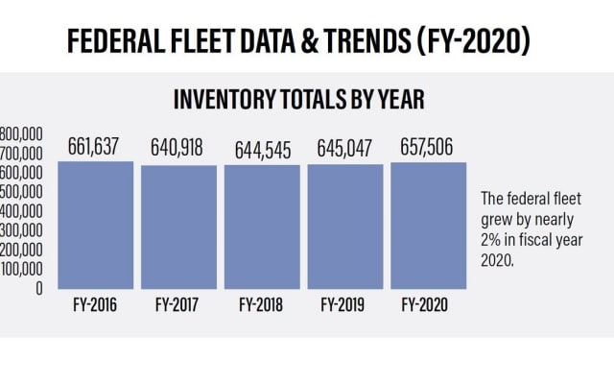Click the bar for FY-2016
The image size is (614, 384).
(x=95, y=225)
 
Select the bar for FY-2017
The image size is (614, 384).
(x=177, y=227)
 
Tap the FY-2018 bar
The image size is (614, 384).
(x=261, y=227)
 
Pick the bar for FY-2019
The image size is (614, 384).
(x=344, y=227)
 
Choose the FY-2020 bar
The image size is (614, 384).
(x=427, y=225)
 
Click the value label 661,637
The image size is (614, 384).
(x=93, y=147)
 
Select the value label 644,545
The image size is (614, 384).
(x=261, y=150)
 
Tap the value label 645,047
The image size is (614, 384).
(x=344, y=150)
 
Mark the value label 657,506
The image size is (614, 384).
(x=428, y=147)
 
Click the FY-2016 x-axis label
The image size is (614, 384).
(x=94, y=307)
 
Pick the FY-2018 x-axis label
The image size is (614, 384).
(x=261, y=307)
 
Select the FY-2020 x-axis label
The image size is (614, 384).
(x=428, y=307)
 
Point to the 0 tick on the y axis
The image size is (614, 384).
(x=38, y=288)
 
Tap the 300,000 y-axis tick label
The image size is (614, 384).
(x=21, y=230)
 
